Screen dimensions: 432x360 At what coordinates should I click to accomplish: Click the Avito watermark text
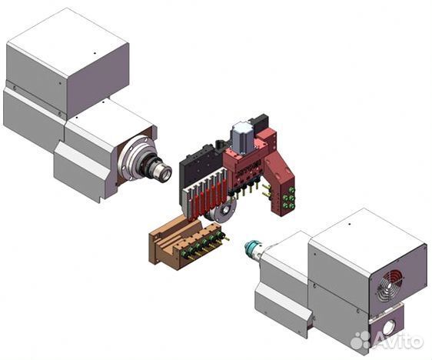(399, 341)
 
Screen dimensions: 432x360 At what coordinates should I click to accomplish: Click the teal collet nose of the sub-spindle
(251, 245)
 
